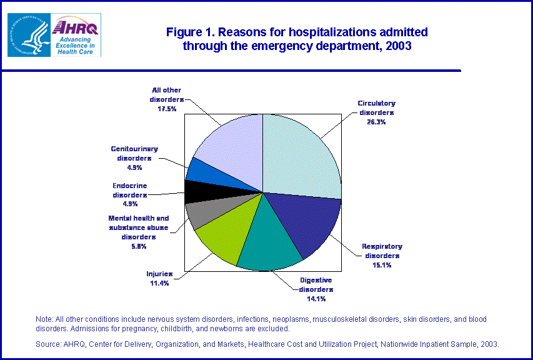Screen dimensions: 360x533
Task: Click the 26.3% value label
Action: [x=376, y=122]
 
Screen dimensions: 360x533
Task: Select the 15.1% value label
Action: [x=382, y=265]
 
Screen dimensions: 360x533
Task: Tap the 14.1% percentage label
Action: [x=316, y=299]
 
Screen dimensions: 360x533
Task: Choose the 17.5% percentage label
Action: [x=166, y=109]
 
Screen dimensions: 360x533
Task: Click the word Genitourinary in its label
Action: [x=134, y=149]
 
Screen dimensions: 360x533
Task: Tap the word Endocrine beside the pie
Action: [x=130, y=186]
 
